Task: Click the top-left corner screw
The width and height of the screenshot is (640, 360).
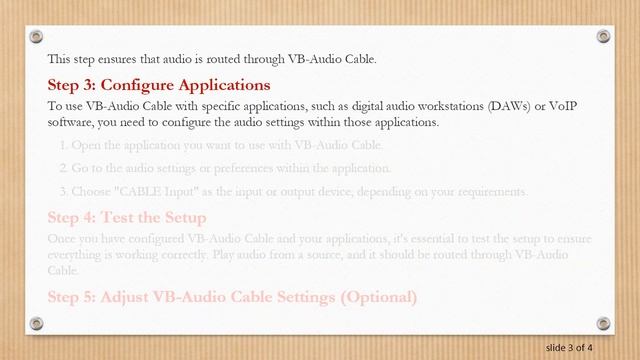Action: click(x=37, y=37)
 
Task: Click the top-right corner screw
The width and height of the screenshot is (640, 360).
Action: click(x=603, y=37)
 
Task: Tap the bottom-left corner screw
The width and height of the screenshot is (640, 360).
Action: click(x=37, y=323)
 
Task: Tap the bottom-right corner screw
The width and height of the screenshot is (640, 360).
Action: click(x=603, y=323)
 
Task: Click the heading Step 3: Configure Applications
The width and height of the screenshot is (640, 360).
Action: click(x=159, y=85)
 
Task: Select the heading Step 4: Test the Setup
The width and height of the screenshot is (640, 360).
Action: click(x=127, y=217)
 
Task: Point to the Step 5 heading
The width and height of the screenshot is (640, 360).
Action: click(x=232, y=296)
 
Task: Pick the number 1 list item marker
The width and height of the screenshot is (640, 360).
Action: click(x=63, y=145)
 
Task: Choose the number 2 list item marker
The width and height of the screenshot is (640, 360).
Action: click(x=63, y=168)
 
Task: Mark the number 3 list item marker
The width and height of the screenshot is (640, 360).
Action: click(x=63, y=191)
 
